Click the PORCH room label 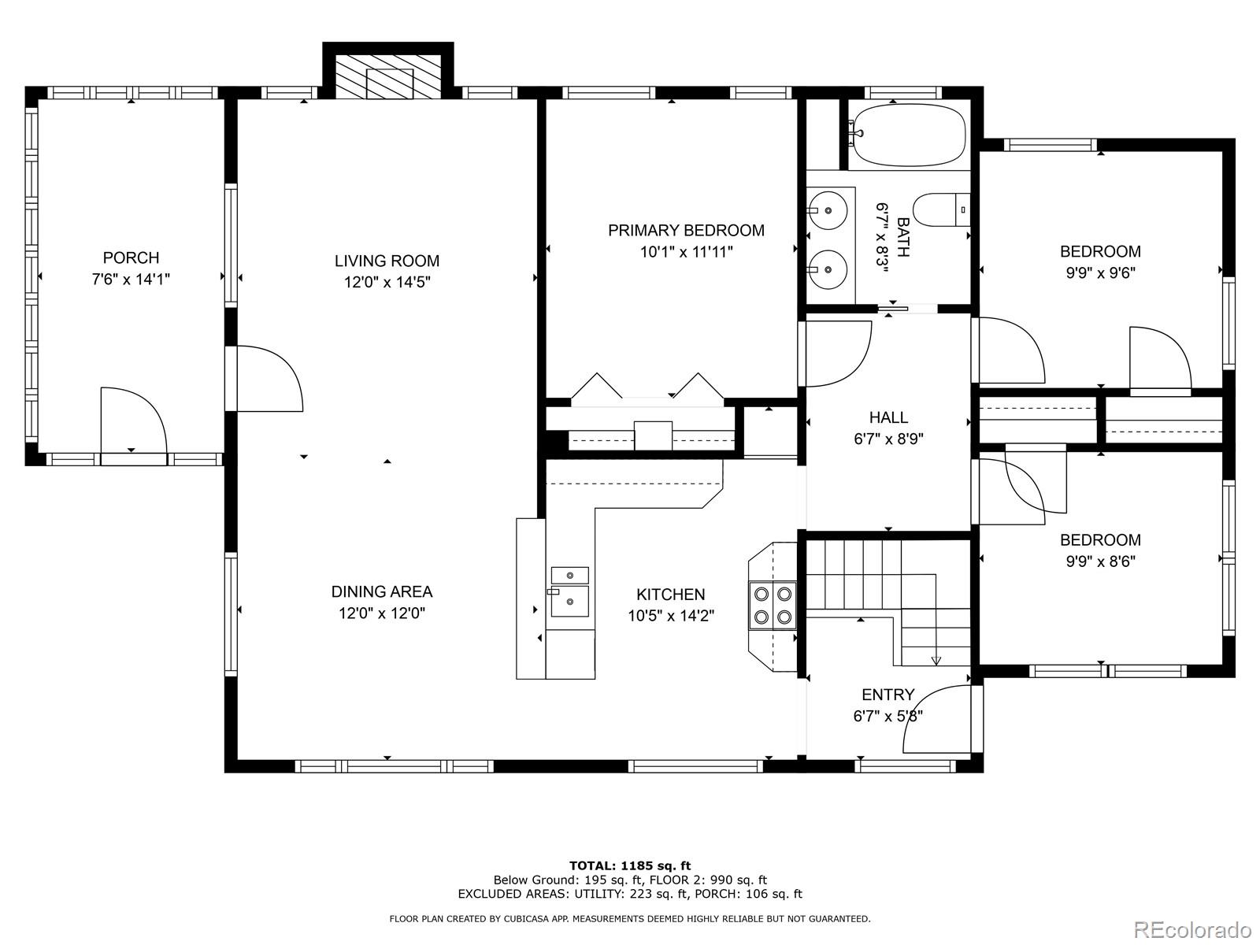[x=131, y=258]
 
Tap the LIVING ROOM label [x=387, y=261]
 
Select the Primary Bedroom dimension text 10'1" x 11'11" [x=687, y=252]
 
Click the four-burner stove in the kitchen [x=773, y=606]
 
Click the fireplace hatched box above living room [x=388, y=77]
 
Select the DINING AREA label [x=382, y=591]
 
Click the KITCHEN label [x=670, y=595]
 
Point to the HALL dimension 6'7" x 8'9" [x=888, y=439]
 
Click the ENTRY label [x=888, y=695]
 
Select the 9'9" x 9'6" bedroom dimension [x=1100, y=272]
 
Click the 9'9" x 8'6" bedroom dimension [x=1100, y=561]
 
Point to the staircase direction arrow [x=936, y=660]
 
